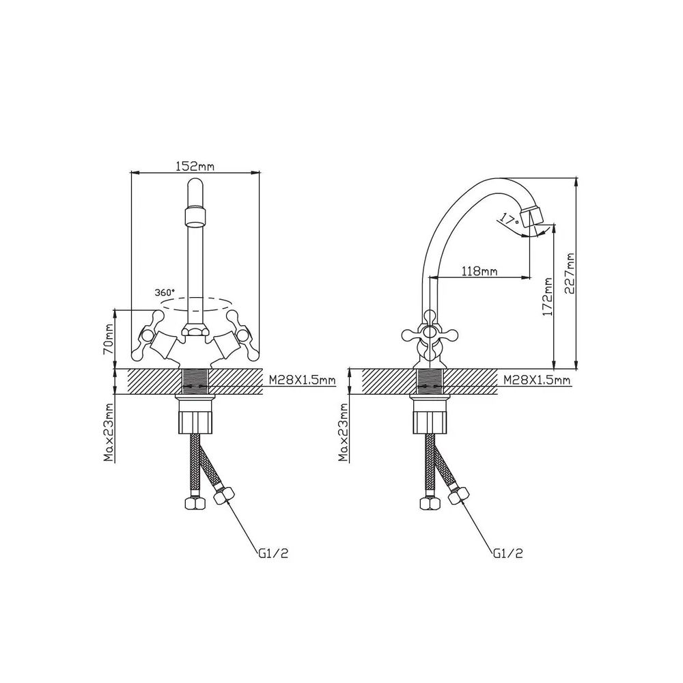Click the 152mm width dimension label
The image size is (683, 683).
(x=195, y=166)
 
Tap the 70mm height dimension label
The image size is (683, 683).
(x=109, y=339)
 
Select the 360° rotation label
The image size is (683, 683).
(x=165, y=292)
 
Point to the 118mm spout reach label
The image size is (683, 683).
(x=479, y=271)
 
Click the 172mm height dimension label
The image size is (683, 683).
(x=548, y=297)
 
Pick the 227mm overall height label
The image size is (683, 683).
(x=570, y=274)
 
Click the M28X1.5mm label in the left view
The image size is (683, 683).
(x=303, y=380)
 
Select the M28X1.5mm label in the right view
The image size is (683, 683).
(x=537, y=380)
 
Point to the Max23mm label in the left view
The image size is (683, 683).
(x=109, y=432)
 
